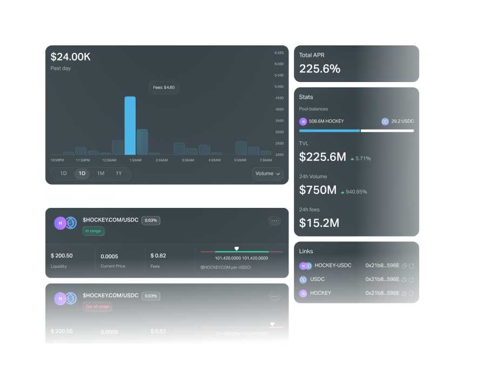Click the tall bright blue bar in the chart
[130, 126]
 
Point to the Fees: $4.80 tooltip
[164, 87]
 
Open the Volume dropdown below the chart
[268, 174]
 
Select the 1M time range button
[100, 174]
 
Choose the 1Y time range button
[119, 174]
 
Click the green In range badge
[93, 231]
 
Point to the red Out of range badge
[97, 307]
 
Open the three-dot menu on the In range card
[274, 221]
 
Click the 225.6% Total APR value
[320, 69]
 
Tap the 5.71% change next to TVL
[361, 159]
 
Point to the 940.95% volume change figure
[356, 192]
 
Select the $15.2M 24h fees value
[319, 222]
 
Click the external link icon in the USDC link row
[412, 280]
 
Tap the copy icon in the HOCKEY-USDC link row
[404, 266]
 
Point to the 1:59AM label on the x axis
[135, 160]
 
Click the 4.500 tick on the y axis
[279, 98]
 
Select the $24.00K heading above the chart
[71, 57]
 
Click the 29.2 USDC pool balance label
[402, 121]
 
